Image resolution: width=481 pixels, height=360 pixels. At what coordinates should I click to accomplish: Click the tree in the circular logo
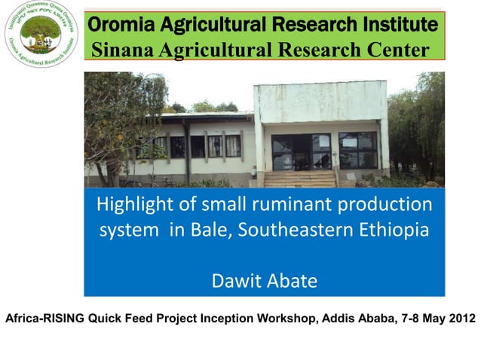41,32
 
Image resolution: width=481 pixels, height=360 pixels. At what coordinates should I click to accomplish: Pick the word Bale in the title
208,230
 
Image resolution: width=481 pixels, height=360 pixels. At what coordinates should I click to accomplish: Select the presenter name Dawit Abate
264,282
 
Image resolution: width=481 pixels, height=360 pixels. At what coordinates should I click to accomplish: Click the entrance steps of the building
300,178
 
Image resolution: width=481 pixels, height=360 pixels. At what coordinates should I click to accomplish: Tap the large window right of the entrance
357,150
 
